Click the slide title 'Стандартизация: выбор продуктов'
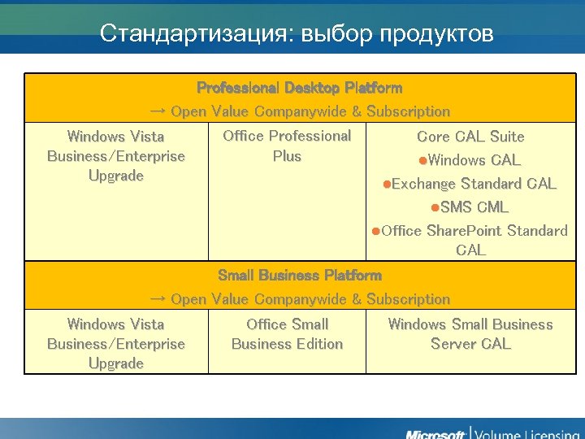[x=297, y=33]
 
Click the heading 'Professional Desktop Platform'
[x=299, y=87]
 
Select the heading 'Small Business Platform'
[x=299, y=276]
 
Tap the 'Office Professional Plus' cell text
[x=287, y=146]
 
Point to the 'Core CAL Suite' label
[x=470, y=137]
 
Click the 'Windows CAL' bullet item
[x=474, y=160]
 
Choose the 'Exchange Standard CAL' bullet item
[x=473, y=184]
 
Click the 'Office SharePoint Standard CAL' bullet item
[x=474, y=240]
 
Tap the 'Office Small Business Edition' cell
[x=287, y=334]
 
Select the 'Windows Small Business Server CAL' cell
[x=470, y=334]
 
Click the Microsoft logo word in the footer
[x=435, y=432]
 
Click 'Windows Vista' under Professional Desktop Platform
[x=115, y=137]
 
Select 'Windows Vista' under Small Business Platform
[x=115, y=324]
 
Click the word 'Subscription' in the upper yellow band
[x=408, y=111]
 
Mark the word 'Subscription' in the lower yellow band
[x=408, y=300]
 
